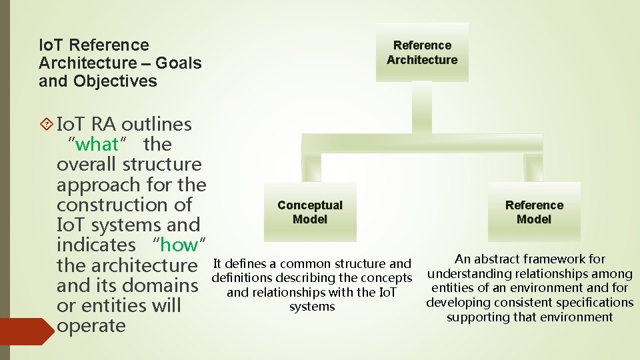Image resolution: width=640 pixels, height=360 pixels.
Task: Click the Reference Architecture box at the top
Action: pyautogui.click(x=422, y=53)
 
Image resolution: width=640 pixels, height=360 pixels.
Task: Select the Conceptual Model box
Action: pyautogui.click(x=310, y=212)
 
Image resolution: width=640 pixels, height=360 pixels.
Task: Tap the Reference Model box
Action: pyautogui.click(x=534, y=212)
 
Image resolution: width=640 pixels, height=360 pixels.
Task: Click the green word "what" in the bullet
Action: pyautogui.click(x=97, y=144)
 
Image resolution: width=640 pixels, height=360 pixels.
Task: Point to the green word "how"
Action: pyautogui.click(x=179, y=245)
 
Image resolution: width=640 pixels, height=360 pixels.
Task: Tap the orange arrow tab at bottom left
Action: pyautogui.click(x=25, y=332)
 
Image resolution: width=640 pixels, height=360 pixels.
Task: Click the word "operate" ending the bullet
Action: pyautogui.click(x=91, y=326)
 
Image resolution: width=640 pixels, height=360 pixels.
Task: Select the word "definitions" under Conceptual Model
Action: pyautogui.click(x=241, y=278)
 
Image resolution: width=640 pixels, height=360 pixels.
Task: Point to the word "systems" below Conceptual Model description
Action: pyautogui.click(x=312, y=307)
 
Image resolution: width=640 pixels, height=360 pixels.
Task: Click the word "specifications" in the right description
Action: pyautogui.click(x=593, y=303)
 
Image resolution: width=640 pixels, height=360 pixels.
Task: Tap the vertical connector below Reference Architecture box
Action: pyautogui.click(x=422, y=107)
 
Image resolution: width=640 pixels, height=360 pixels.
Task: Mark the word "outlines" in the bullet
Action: pyautogui.click(x=157, y=124)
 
